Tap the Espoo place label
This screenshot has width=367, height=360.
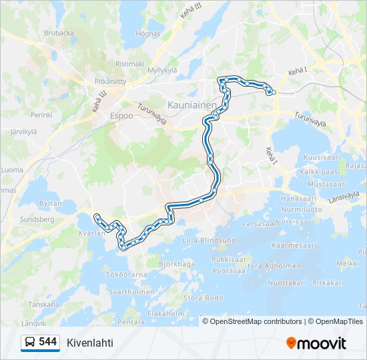tap(121, 115)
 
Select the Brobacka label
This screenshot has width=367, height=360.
tap(59, 32)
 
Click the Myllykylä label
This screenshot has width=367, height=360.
tap(162, 69)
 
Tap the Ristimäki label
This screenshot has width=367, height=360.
tap(129, 63)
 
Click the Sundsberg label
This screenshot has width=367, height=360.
tap(37, 218)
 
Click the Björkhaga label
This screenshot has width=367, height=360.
tap(176, 264)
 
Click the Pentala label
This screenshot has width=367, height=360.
tap(131, 322)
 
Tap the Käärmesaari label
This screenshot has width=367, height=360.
tap(295, 245)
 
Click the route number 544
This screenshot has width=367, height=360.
tap(48, 342)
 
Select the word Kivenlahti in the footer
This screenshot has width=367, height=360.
tap(90, 343)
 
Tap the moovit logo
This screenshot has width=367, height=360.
tap(316, 343)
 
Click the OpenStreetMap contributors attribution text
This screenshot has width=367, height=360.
tap(256, 321)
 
